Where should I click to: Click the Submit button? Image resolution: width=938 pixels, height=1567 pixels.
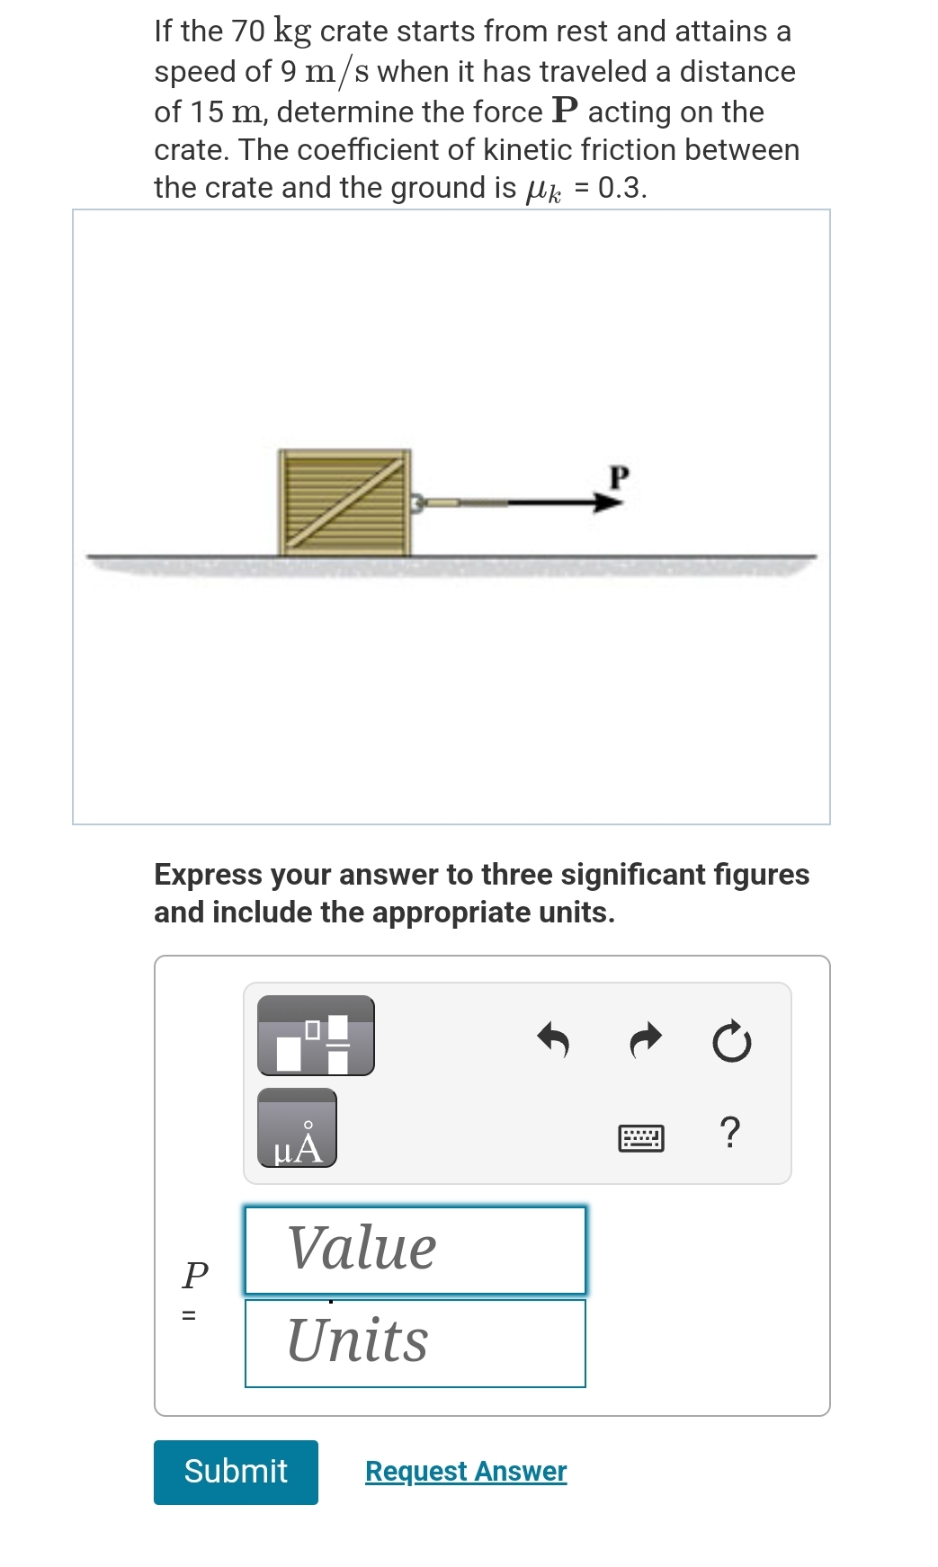point(236,1472)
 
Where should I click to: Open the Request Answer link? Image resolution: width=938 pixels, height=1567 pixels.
point(466,1471)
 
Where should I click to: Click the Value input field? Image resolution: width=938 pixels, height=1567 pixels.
point(415,1250)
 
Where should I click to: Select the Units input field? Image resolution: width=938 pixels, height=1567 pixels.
point(415,1343)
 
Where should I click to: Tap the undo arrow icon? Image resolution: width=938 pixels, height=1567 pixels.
point(554,1040)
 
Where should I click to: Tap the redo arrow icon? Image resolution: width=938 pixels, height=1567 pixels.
point(646,1040)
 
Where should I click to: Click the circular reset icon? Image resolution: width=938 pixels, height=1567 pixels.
point(731,1041)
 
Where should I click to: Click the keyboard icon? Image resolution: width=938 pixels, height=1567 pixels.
point(641,1138)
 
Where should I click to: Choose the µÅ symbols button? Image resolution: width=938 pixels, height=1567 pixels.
point(297,1128)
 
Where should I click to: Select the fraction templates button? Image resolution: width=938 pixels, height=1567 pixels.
point(316,1036)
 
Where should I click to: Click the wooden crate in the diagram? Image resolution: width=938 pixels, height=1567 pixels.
point(344,502)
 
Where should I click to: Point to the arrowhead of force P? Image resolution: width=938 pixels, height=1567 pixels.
point(608,502)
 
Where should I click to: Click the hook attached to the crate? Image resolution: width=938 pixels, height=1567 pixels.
point(418,502)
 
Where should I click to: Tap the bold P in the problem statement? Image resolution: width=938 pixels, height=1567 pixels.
point(565,111)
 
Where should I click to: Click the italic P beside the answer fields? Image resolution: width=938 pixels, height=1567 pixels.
point(195,1273)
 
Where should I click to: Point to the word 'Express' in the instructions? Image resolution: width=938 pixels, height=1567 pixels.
point(208,875)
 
